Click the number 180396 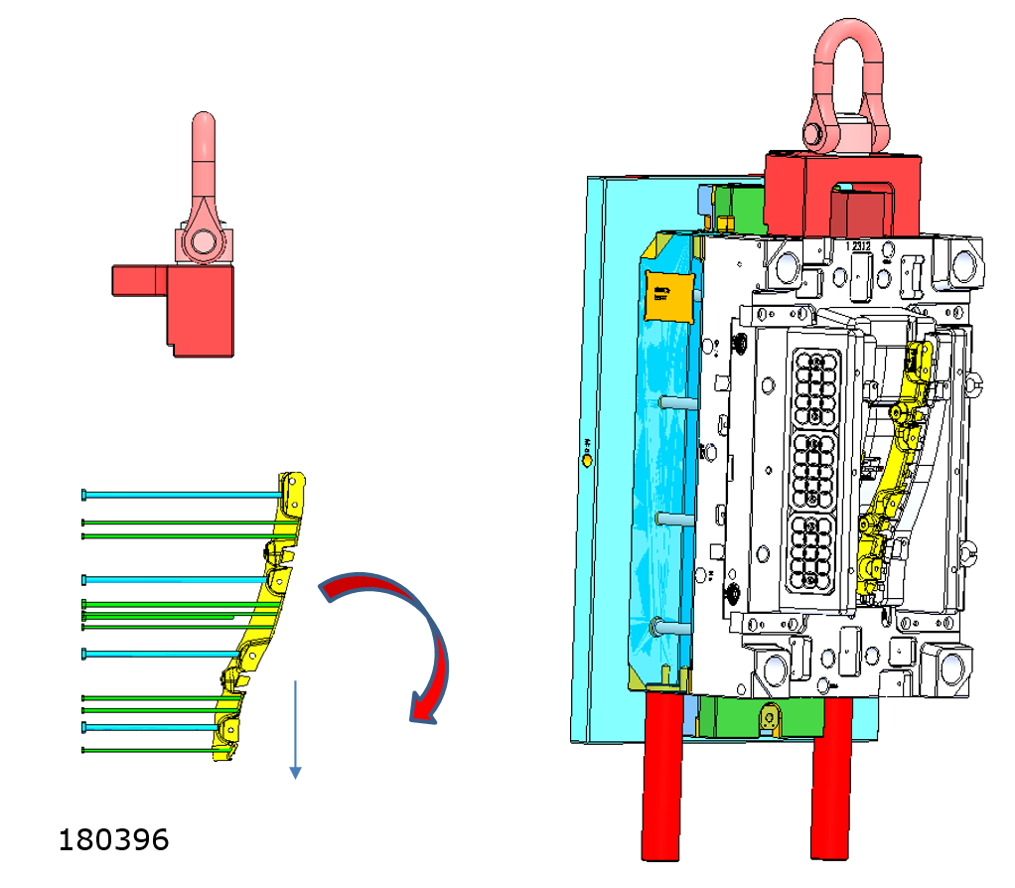(x=113, y=839)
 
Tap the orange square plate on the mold (x=666, y=293)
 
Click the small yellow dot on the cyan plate (x=587, y=460)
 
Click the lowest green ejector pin (x=149, y=750)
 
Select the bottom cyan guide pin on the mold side (x=668, y=628)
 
